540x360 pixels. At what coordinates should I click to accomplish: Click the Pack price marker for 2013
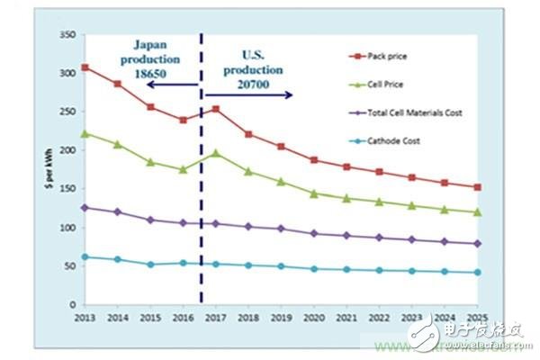pyautogui.click(x=85, y=67)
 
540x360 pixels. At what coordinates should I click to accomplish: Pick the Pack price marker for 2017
pyautogui.click(x=216, y=109)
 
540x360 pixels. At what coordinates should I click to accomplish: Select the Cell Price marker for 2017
pyautogui.click(x=216, y=153)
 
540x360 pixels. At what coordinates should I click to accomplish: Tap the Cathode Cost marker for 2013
pyautogui.click(x=85, y=256)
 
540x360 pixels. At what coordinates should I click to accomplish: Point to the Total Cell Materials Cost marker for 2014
pyautogui.click(x=117, y=211)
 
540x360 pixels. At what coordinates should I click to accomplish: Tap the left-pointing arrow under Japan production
pyautogui.click(x=171, y=85)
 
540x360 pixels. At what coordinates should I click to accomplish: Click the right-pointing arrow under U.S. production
pyautogui.click(x=250, y=94)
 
